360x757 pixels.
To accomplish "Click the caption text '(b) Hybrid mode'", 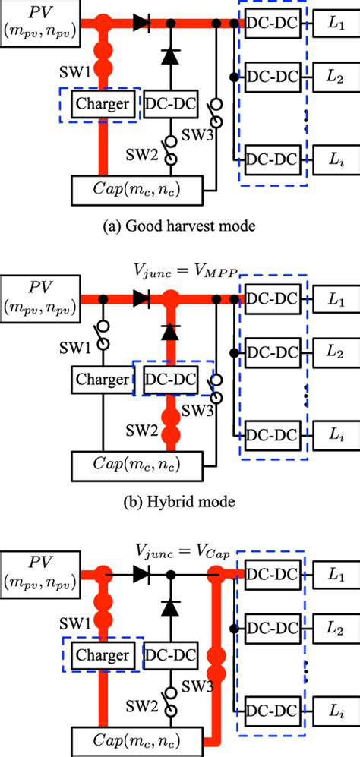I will [179, 501].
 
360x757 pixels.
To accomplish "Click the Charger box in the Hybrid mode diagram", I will [103, 377].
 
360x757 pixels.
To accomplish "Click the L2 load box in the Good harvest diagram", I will [334, 75].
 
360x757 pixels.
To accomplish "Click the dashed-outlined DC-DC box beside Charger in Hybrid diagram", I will [171, 377].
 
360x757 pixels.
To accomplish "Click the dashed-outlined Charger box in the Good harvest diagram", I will [103, 103].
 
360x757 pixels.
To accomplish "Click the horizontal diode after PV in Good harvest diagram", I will [141, 24].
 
